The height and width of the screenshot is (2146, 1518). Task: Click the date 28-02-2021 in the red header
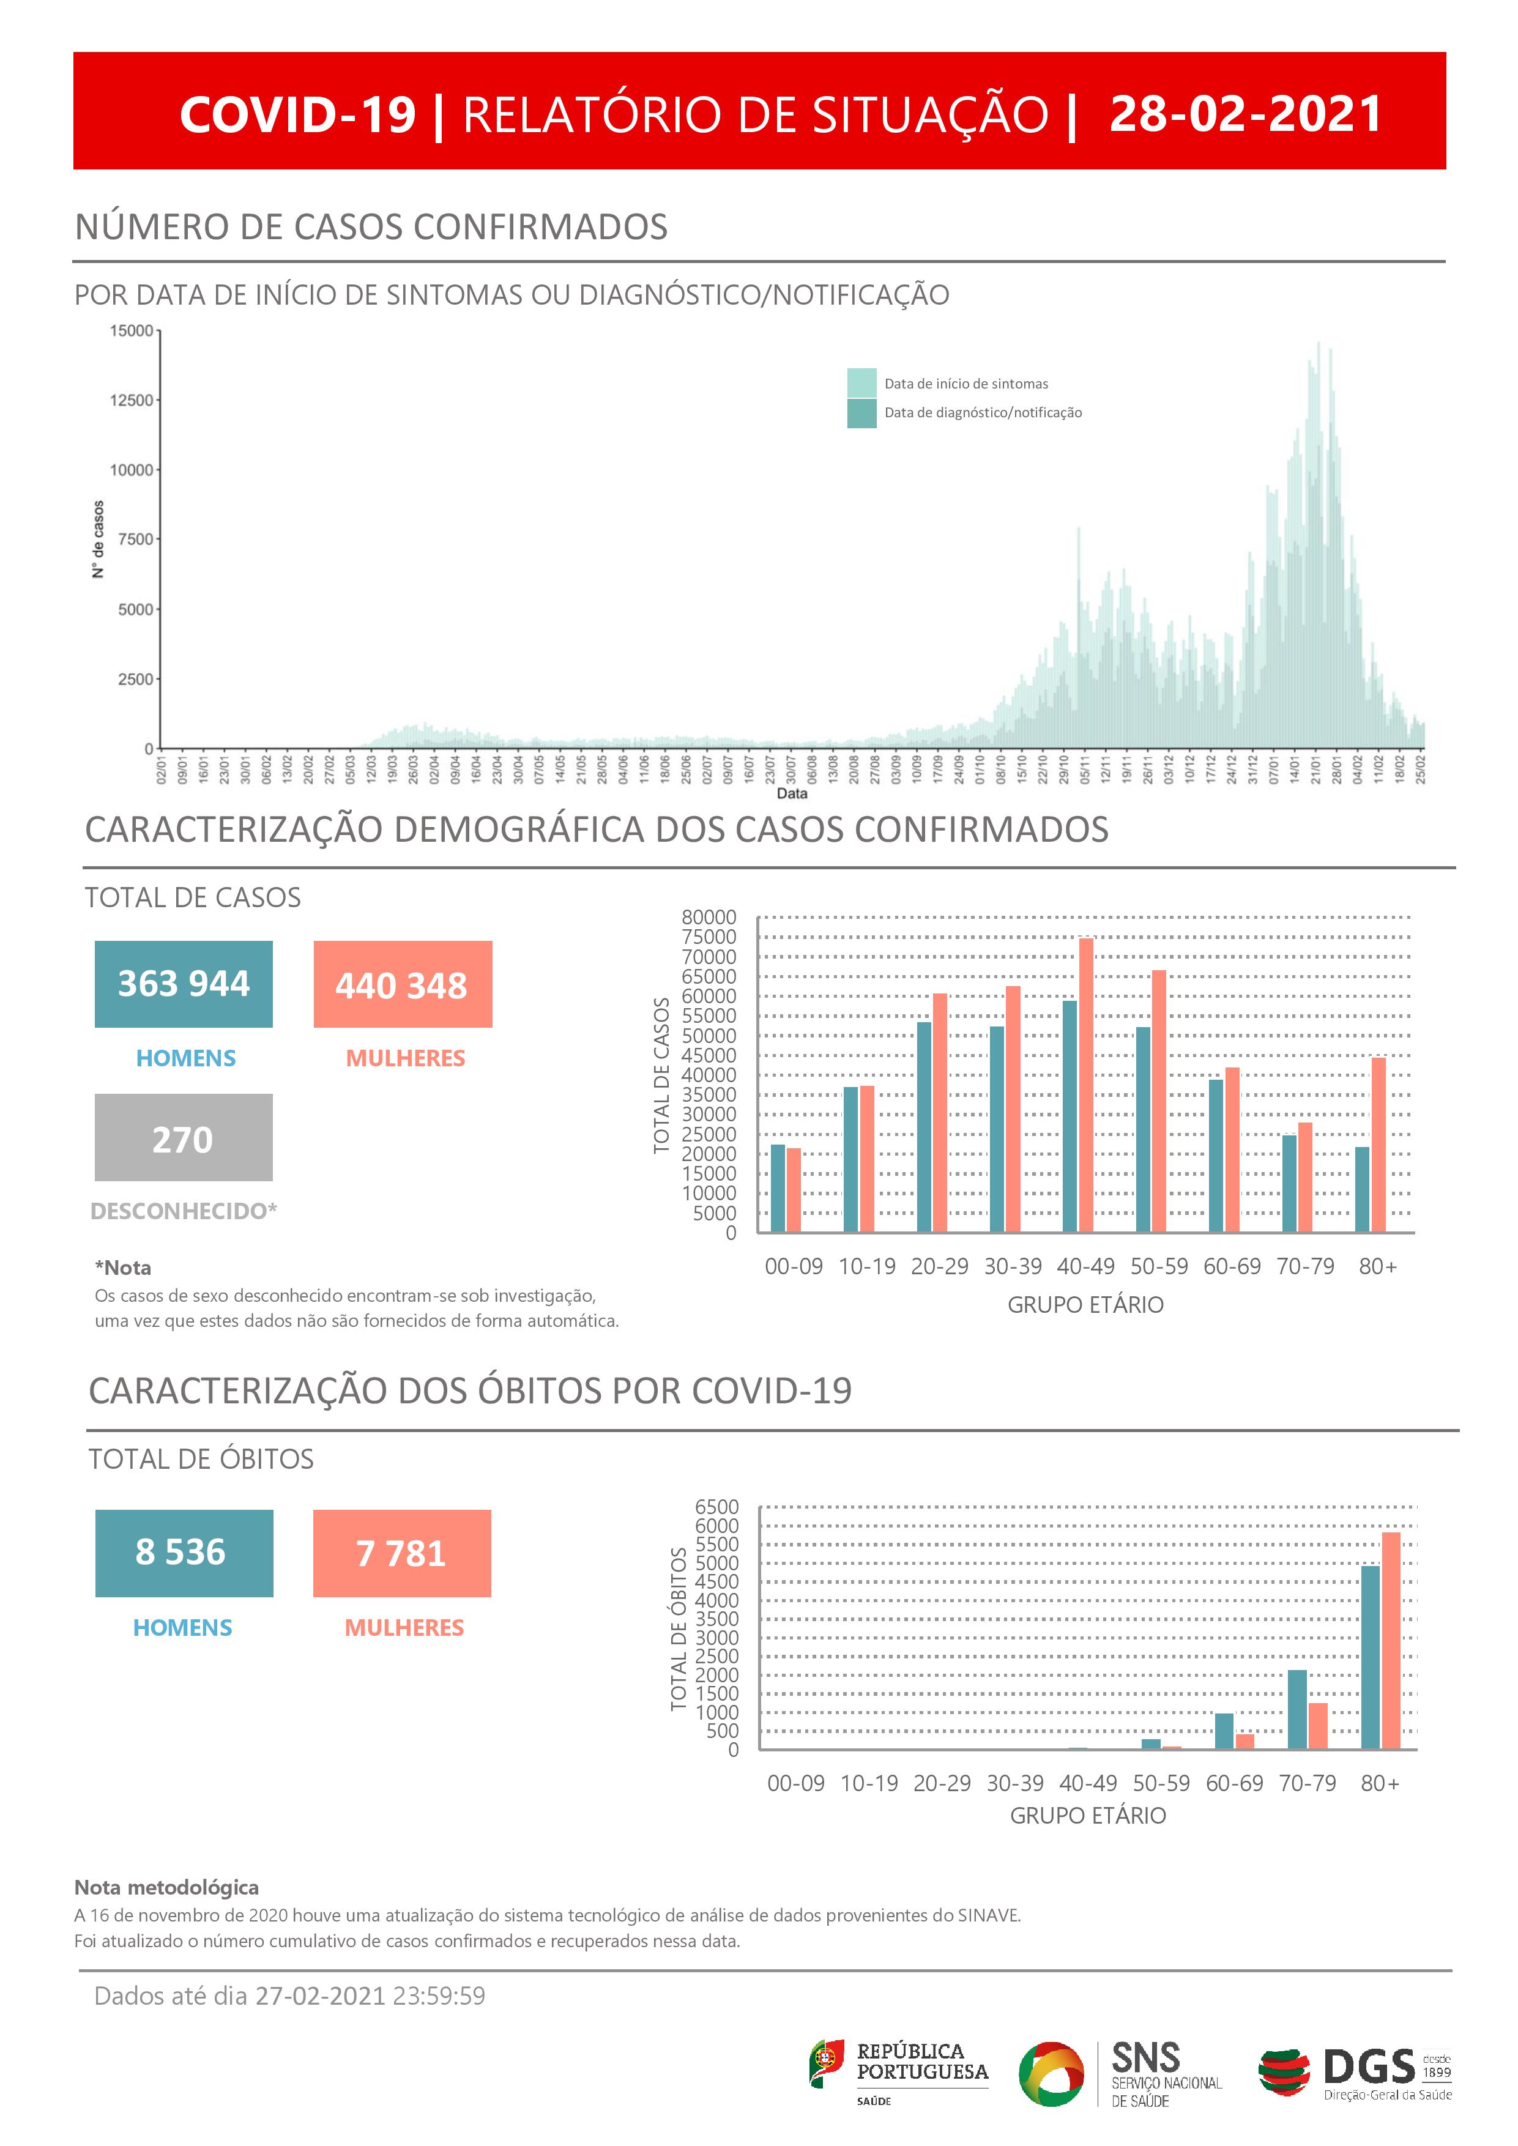[x=1245, y=114]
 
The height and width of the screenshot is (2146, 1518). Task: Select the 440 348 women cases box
[x=403, y=984]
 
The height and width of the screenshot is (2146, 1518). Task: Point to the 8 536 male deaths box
[x=184, y=1553]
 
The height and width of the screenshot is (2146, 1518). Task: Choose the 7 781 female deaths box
[x=402, y=1553]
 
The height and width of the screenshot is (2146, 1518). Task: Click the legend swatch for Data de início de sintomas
[x=861, y=383]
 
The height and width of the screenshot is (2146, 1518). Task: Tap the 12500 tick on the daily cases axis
[x=131, y=400]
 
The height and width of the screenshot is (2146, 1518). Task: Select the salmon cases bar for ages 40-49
[x=1086, y=1084]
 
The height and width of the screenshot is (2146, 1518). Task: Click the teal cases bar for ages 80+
[x=1362, y=1189]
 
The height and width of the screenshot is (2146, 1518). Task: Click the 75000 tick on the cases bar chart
[x=709, y=937]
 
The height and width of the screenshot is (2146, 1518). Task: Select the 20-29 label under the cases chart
[x=939, y=1266]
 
